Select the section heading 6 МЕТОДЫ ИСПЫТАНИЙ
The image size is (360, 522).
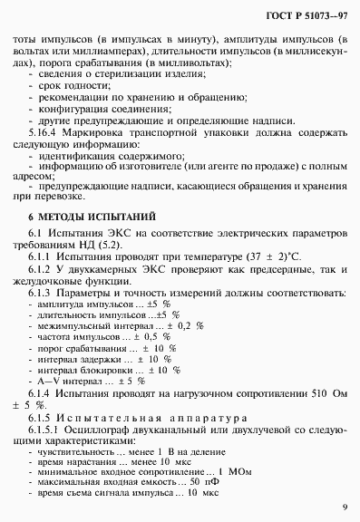coord(91,242)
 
